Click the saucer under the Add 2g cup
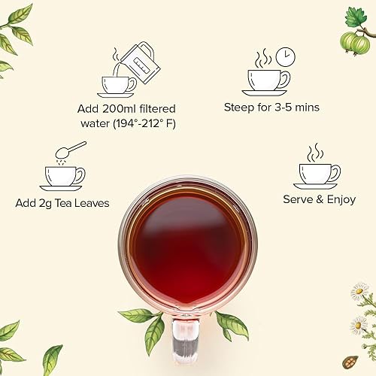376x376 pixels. [x=62, y=186]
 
